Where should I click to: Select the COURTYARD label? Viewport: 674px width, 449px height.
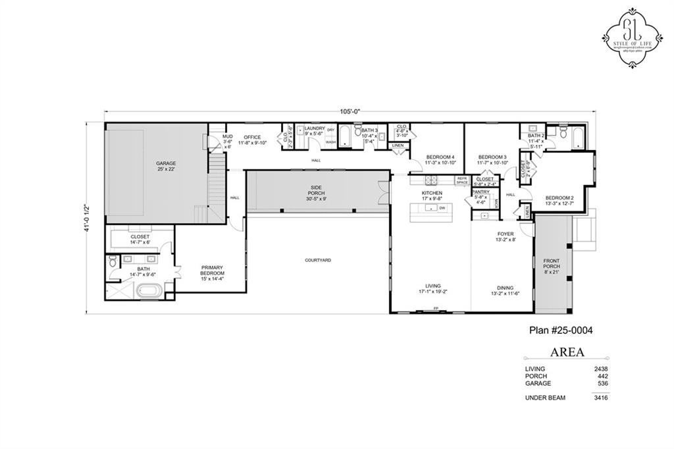[317, 260]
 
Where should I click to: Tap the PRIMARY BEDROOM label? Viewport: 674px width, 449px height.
[213, 270]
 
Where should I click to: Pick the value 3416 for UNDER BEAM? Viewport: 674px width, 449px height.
[600, 398]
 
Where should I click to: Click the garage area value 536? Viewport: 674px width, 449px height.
[602, 383]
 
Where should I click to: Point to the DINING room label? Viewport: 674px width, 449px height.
[505, 288]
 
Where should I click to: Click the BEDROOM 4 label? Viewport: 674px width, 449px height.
[440, 159]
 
